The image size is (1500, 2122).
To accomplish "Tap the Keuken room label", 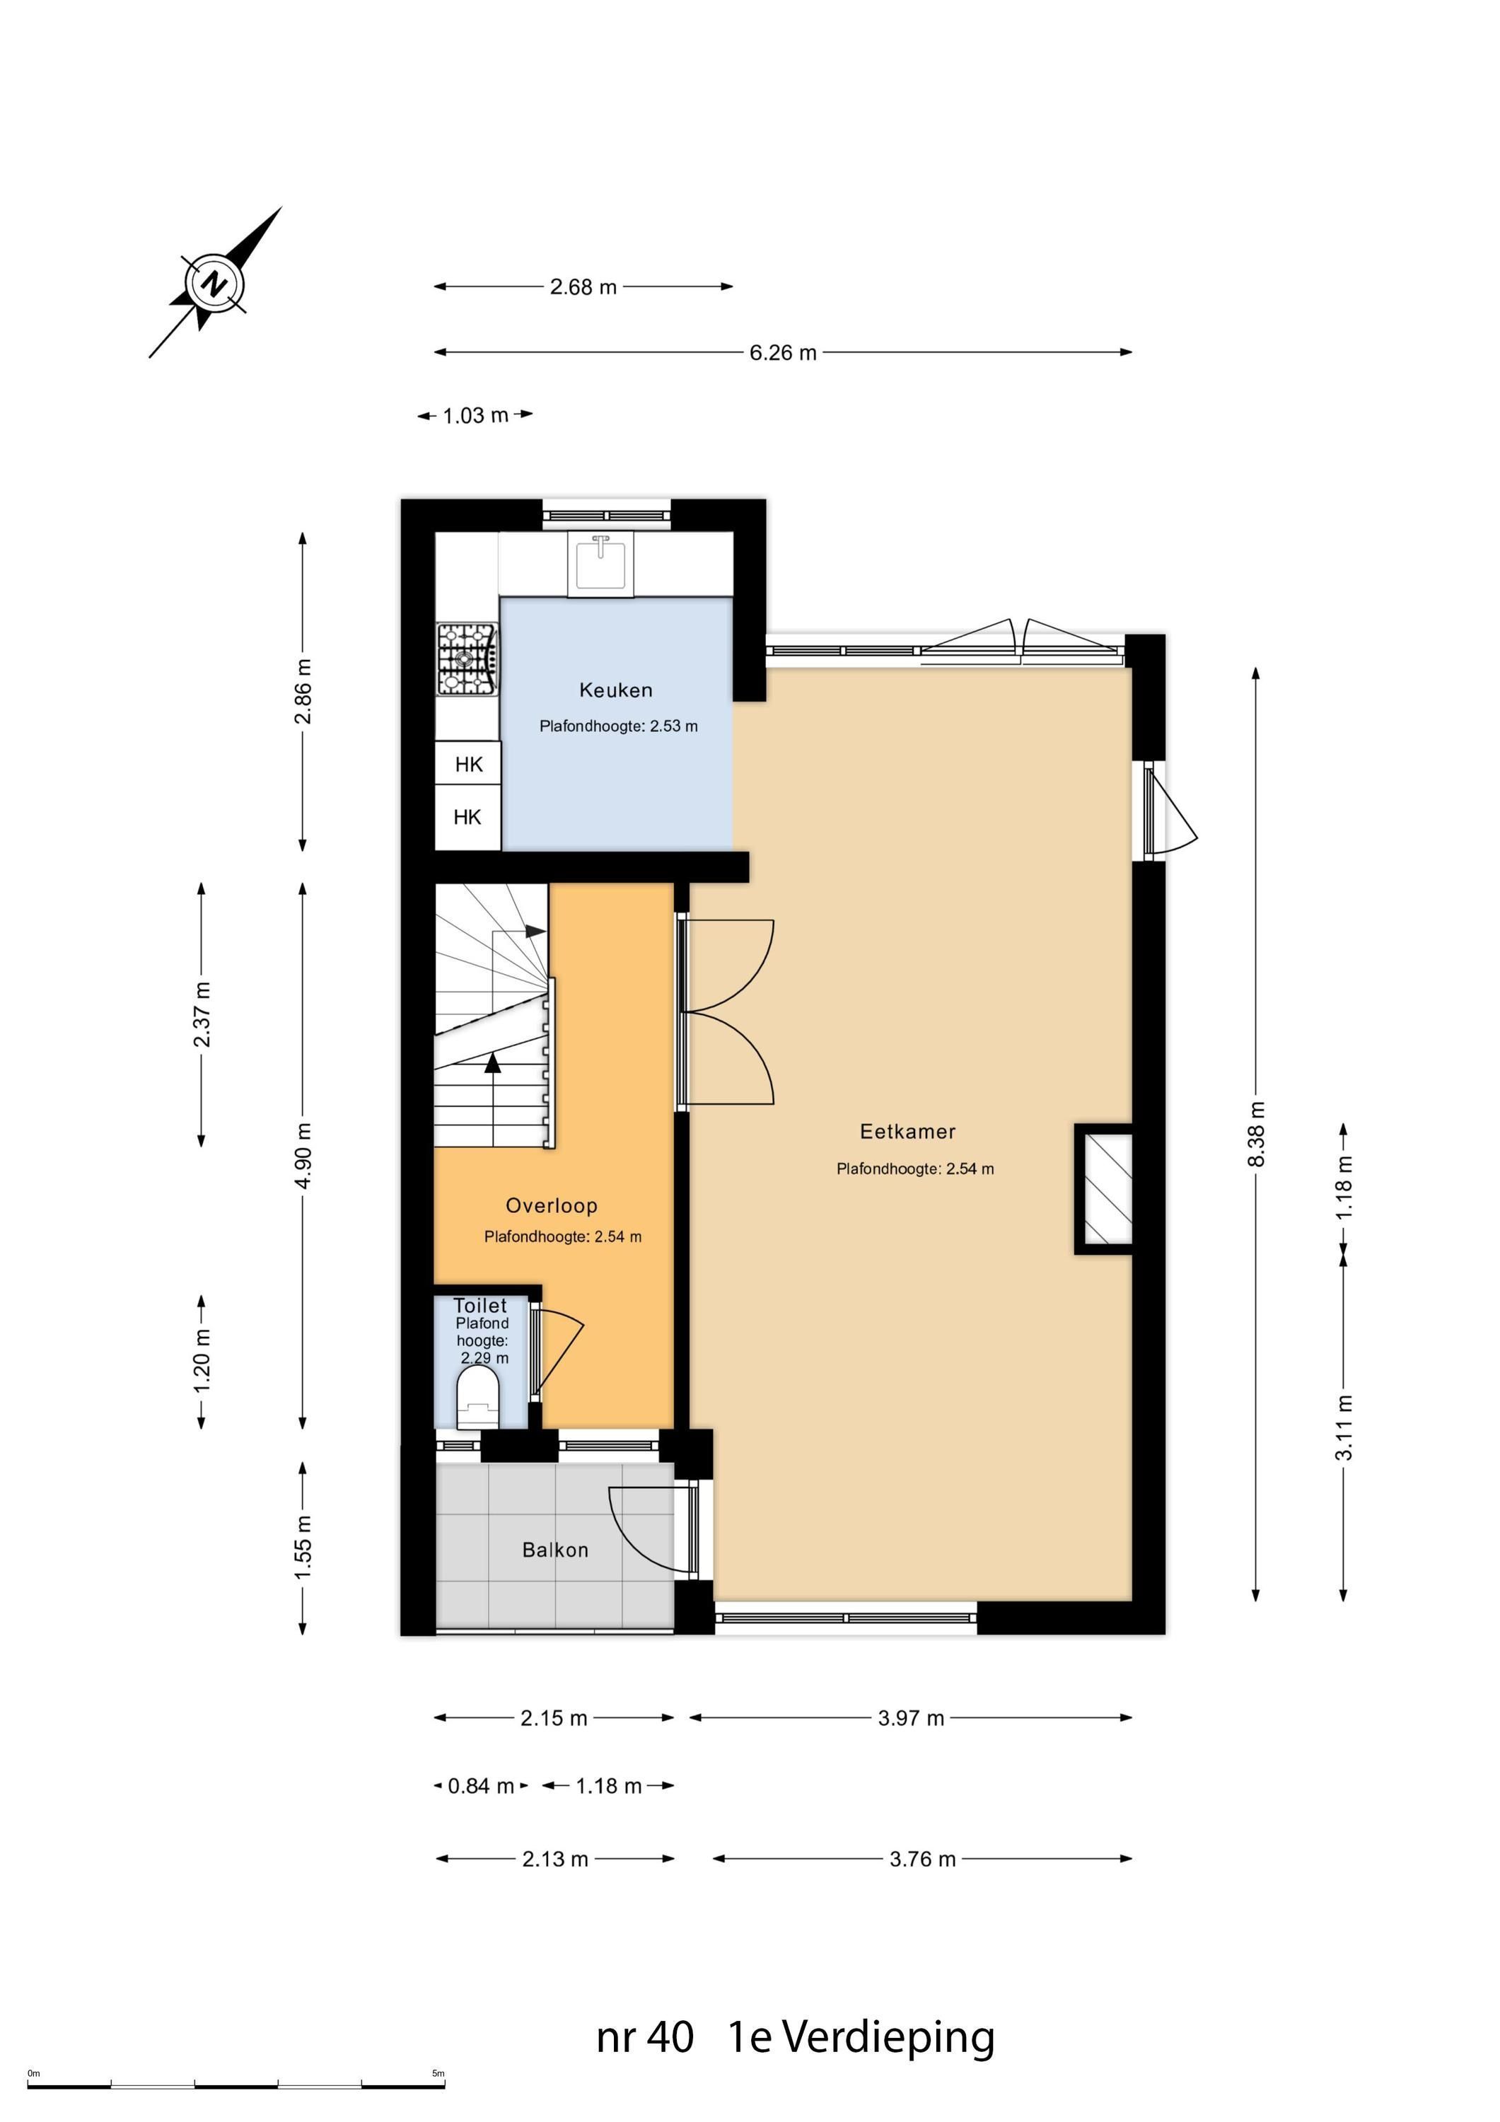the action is coord(615,690).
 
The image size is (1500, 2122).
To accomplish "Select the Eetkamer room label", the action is coord(907,1131).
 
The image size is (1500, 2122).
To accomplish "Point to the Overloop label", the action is coord(552,1205).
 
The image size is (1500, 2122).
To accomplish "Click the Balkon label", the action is coord(555,1550).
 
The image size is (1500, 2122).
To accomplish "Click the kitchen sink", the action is coord(600,564).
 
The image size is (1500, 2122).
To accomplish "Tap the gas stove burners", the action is coord(467,658).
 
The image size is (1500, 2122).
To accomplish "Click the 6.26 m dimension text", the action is coord(783,352).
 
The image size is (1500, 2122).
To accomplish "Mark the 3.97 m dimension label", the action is coord(912,1718).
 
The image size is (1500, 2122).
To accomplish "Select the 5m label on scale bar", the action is coord(438,2073).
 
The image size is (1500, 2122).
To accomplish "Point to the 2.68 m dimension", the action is coord(583,287).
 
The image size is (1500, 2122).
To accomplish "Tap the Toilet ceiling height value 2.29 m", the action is coord(485,1357).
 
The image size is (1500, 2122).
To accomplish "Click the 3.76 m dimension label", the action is coord(922,1859).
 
